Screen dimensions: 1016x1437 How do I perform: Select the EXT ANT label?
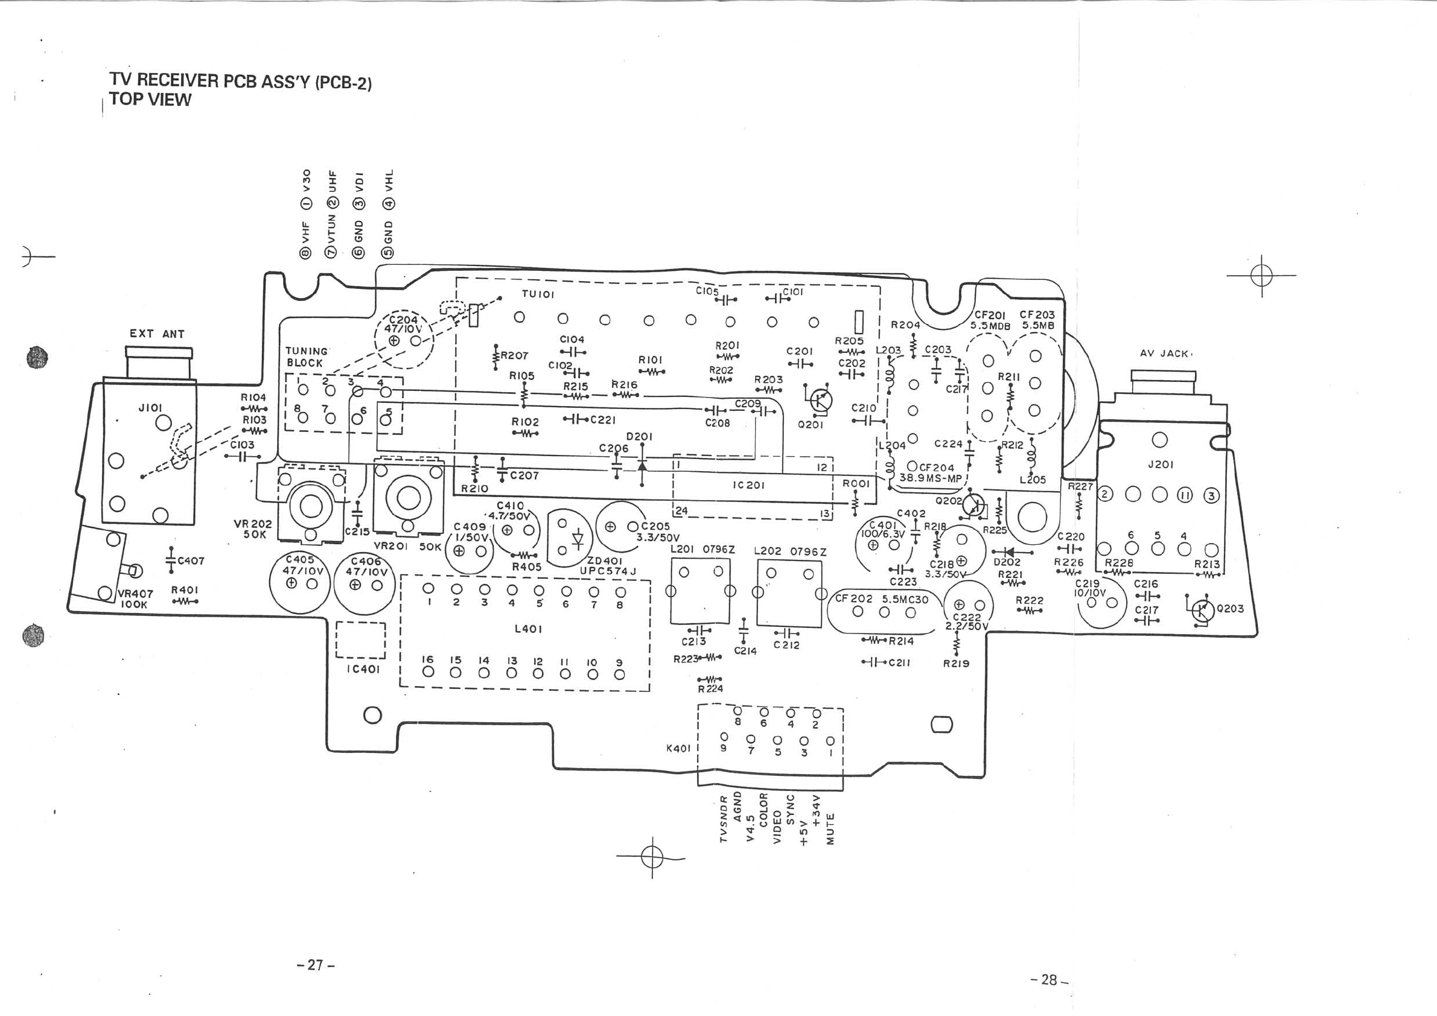point(157,334)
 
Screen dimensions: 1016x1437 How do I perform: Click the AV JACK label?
point(1165,354)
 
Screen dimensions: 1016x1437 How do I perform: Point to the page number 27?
point(316,965)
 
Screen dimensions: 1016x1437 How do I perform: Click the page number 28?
point(1049,980)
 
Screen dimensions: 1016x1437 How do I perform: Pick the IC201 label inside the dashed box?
point(748,485)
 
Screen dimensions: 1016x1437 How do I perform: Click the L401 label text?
point(527,629)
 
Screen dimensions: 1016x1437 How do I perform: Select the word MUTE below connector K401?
point(830,829)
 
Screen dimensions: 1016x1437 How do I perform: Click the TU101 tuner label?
point(538,294)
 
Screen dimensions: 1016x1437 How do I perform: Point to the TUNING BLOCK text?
point(305,357)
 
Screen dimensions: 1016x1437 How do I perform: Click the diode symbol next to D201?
point(642,468)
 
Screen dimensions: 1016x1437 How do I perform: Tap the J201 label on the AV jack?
point(1161,464)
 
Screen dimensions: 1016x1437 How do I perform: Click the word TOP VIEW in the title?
point(150,100)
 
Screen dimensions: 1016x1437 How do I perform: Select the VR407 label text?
point(135,594)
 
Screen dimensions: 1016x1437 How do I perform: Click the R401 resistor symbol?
point(185,602)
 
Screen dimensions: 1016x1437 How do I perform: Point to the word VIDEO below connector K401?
point(777,827)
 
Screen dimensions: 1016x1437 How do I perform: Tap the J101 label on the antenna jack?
point(150,408)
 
